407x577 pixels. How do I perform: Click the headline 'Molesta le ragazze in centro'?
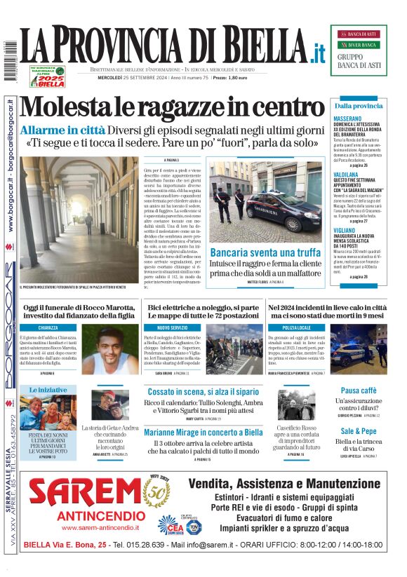pos(173,108)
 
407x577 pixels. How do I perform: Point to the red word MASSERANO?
pos(348,119)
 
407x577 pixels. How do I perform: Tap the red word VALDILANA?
pos(347,173)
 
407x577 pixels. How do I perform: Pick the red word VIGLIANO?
pos(345,229)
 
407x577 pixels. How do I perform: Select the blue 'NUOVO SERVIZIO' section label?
pos(172,327)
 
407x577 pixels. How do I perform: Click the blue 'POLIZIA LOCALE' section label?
pos(296,327)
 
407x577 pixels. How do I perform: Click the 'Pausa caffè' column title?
pos(359,391)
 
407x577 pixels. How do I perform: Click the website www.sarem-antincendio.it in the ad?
pos(88,527)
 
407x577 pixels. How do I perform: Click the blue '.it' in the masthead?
pos(318,52)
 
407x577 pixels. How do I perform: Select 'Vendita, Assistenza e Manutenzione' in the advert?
pos(283,484)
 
